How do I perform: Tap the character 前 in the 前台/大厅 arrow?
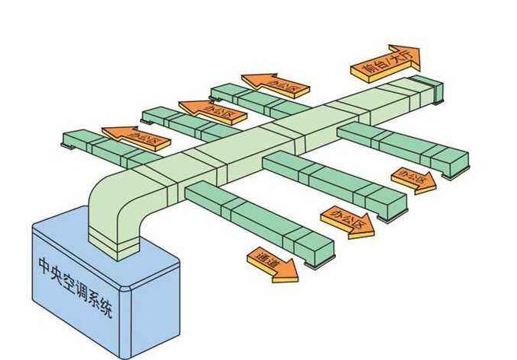369,69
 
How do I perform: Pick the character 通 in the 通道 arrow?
263,259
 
